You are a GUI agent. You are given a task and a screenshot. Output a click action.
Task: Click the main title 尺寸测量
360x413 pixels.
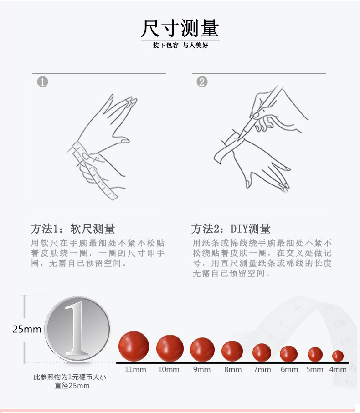[x=180, y=28]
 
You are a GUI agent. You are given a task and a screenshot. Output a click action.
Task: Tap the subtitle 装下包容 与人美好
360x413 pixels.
[x=180, y=46]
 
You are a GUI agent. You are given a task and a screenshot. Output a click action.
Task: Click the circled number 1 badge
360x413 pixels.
[x=42, y=82]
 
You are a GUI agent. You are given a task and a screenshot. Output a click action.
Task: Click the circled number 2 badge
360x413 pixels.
[x=202, y=82]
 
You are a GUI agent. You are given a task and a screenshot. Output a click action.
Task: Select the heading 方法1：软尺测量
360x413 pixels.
[x=72, y=228]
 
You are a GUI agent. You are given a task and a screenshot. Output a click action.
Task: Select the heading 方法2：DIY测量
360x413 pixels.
[x=231, y=228]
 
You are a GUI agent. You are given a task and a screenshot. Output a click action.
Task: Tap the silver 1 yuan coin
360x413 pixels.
[x=77, y=329]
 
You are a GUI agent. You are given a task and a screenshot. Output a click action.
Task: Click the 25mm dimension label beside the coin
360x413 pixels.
[x=27, y=329]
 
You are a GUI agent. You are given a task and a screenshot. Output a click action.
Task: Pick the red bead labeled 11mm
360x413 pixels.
[x=134, y=346]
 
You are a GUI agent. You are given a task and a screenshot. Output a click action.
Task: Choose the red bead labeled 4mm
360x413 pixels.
[x=338, y=355]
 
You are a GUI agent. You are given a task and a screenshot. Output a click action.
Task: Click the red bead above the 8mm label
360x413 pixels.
[x=232, y=351]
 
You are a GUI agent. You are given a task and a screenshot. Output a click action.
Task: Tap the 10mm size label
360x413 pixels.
[x=169, y=369]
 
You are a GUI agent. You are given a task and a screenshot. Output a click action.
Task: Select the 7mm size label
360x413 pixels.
[x=262, y=369]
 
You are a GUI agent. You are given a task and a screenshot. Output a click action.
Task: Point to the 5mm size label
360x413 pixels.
[x=314, y=369]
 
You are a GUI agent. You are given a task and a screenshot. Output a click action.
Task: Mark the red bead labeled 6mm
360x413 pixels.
[x=288, y=353]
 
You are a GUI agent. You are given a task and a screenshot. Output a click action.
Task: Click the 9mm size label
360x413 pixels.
[x=201, y=369]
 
